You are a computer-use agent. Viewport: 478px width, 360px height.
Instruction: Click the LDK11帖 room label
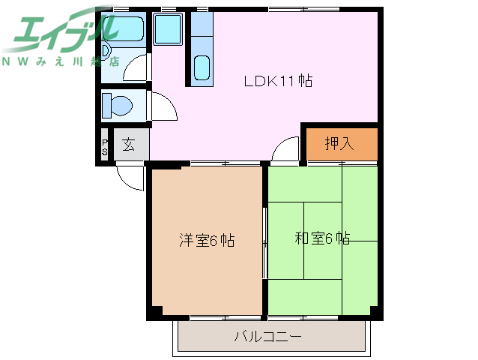278,80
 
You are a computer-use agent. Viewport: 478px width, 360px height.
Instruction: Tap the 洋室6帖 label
207,240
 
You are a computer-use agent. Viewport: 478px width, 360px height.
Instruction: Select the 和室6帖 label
322,238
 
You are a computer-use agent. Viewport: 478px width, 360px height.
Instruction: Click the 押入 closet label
339,142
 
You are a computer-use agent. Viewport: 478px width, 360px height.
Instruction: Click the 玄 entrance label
129,145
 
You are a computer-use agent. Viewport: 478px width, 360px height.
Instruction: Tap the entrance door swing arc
129,178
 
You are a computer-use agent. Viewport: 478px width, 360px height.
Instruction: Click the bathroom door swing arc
136,68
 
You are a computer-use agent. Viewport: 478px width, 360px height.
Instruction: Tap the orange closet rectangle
339,142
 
